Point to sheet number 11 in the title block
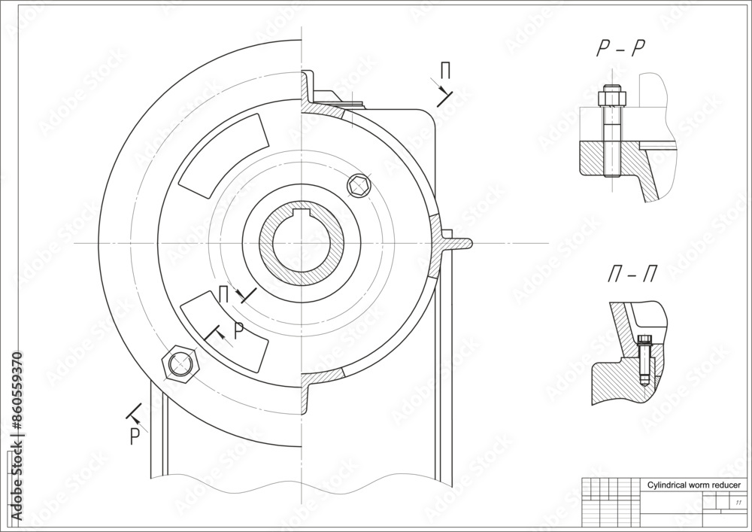click(738, 502)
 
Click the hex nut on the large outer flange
click(180, 363)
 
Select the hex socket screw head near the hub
click(359, 185)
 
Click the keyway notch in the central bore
click(301, 219)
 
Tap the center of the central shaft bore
click(301, 245)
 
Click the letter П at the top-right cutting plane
click(445, 71)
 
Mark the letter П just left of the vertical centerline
click(223, 293)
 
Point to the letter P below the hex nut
click(135, 436)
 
